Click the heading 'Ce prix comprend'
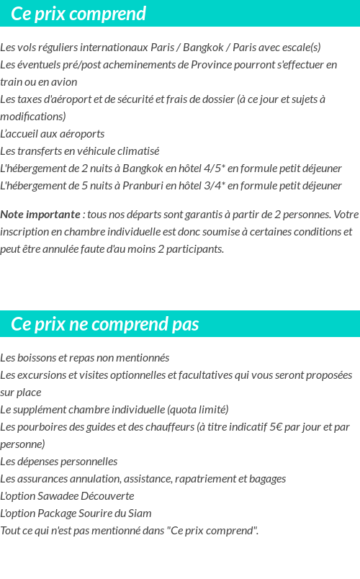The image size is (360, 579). (78, 14)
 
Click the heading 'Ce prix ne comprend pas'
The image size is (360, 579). (104, 324)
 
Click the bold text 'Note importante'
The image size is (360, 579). (40, 215)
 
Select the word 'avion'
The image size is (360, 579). (63, 82)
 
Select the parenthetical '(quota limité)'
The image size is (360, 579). (197, 410)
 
